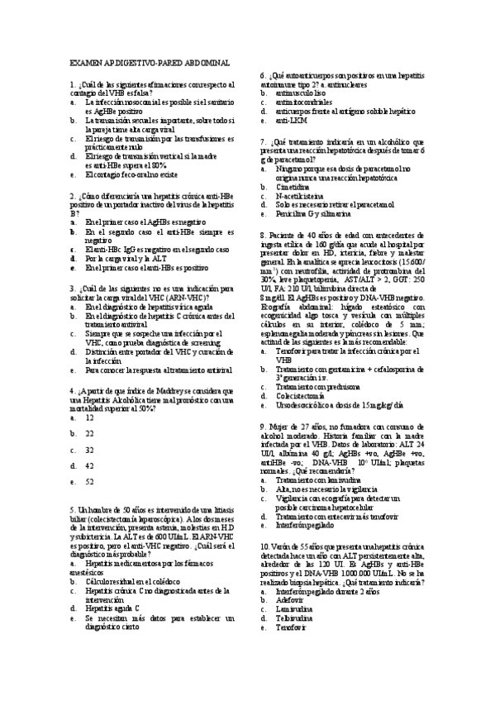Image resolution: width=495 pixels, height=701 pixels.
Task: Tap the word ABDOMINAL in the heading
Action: [x=206, y=63]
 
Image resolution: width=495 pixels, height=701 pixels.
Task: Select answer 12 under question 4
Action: [x=89, y=417]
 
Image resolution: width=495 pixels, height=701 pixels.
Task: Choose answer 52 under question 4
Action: [x=89, y=480]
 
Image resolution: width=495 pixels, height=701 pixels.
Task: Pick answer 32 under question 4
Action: [x=89, y=450]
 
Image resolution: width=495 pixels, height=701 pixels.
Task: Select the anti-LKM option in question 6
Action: [x=288, y=120]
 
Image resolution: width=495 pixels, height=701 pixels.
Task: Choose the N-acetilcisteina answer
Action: [x=298, y=195]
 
